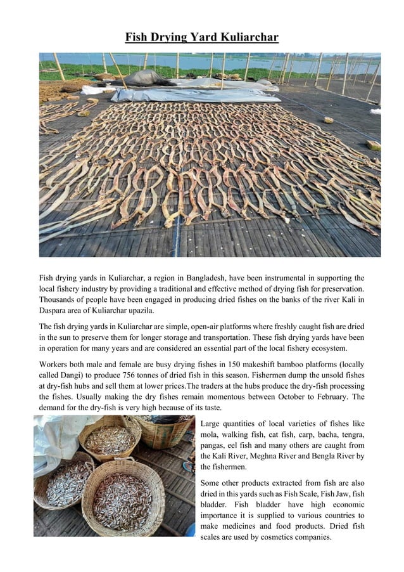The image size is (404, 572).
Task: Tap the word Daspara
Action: pyautogui.click(x=54, y=311)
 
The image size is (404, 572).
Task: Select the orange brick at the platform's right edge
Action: pyautogui.click(x=373, y=145)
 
